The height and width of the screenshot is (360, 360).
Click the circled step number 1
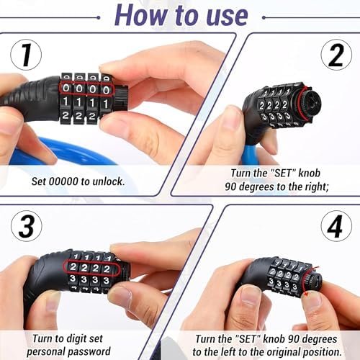(26, 55)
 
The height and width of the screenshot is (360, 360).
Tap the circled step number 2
(336, 55)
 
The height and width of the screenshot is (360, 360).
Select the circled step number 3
(27, 226)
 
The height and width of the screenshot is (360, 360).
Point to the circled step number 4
(336, 226)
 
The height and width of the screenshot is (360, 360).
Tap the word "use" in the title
(227, 17)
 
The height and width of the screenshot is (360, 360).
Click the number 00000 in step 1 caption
(63, 181)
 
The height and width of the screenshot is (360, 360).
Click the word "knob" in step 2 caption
(309, 173)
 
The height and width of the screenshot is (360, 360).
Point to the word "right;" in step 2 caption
(317, 186)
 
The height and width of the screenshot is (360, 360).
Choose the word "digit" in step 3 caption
(77, 338)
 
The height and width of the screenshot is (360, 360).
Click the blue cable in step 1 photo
(60, 152)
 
